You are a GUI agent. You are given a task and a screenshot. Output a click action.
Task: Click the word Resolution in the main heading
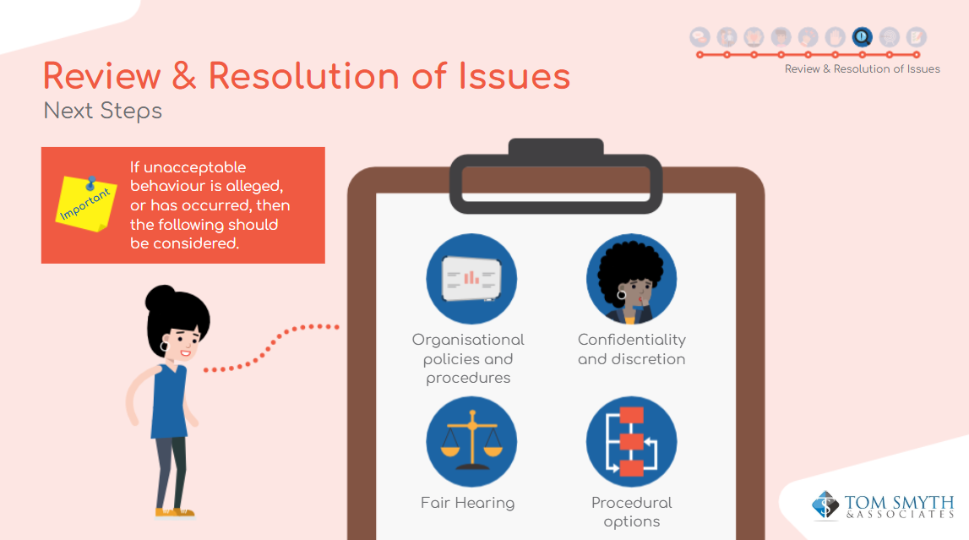pyautogui.click(x=303, y=76)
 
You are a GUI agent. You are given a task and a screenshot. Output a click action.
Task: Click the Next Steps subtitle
pyautogui.click(x=102, y=112)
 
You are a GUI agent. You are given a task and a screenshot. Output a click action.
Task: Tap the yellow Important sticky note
pyautogui.click(x=86, y=204)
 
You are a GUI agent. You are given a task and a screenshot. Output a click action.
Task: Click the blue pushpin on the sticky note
pyautogui.click(x=91, y=183)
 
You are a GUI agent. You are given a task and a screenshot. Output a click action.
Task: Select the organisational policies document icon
pyautogui.click(x=471, y=279)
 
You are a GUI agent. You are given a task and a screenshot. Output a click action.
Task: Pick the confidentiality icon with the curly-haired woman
pyautogui.click(x=632, y=279)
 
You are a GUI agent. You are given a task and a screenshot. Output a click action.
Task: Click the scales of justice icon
pyautogui.click(x=471, y=442)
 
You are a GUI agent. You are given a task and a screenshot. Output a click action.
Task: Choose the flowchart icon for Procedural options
pyautogui.click(x=632, y=442)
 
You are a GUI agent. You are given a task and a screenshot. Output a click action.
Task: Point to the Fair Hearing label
pyautogui.click(x=468, y=503)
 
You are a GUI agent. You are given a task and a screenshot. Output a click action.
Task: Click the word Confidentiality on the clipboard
pyautogui.click(x=632, y=340)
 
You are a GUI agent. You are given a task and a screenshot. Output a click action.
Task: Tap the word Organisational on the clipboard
pyautogui.click(x=468, y=340)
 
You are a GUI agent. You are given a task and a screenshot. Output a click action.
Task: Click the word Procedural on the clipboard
pyautogui.click(x=632, y=502)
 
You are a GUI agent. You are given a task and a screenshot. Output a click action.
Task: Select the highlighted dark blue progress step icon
pyautogui.click(x=862, y=37)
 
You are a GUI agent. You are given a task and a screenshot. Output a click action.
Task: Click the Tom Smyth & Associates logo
pyautogui.click(x=883, y=505)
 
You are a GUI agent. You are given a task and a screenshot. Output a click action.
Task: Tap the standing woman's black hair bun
pyautogui.click(x=160, y=297)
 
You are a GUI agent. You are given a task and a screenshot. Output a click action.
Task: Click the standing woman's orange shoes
pyautogui.click(x=175, y=512)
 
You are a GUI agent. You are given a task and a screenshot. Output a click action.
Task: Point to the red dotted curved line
pyautogui.click(x=270, y=346)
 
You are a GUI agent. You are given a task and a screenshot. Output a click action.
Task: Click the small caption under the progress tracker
pyautogui.click(x=862, y=69)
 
